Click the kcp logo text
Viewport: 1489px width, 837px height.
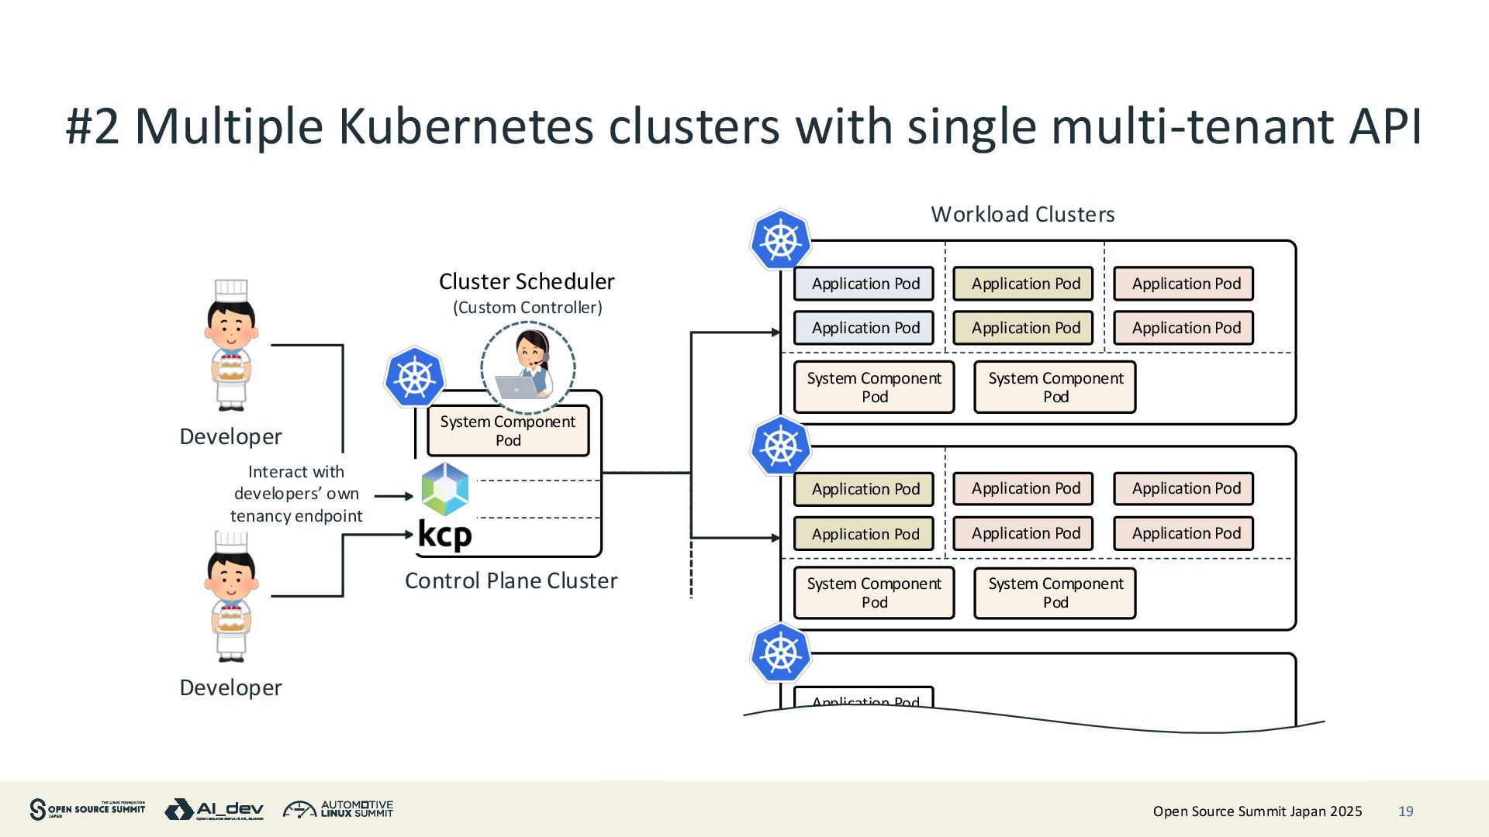tap(444, 535)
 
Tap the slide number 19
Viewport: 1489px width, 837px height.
tap(1405, 811)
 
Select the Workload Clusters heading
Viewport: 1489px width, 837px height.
tap(1022, 215)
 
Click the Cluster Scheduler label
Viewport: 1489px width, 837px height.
tap(527, 281)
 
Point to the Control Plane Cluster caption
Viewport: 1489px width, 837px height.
tap(511, 580)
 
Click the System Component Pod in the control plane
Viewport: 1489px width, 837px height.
tap(508, 431)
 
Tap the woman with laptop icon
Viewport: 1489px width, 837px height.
tap(528, 367)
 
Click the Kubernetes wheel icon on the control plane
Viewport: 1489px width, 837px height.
tap(415, 377)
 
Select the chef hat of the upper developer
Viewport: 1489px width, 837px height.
tap(231, 291)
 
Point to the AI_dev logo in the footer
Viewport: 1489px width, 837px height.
tap(214, 810)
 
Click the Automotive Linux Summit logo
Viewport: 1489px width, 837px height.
tap(338, 810)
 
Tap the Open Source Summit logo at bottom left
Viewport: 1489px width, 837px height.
tap(87, 809)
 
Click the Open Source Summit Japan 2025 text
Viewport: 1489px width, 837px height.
tap(1257, 811)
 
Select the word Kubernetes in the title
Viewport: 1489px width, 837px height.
tap(466, 126)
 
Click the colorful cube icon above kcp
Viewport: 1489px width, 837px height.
tap(445, 489)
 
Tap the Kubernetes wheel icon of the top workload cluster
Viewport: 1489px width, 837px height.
tap(780, 240)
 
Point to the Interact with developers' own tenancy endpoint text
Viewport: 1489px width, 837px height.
tap(296, 494)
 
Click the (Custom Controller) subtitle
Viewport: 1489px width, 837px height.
tap(527, 308)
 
